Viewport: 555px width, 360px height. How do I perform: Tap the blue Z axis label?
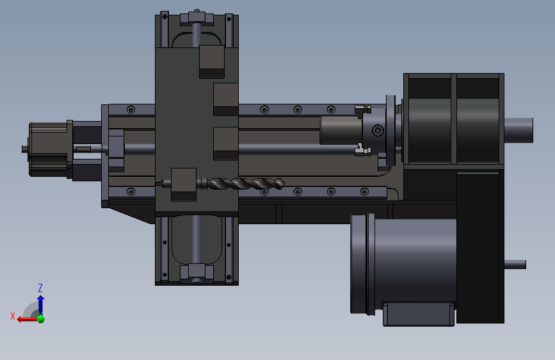pos(40,288)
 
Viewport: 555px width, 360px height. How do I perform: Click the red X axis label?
pos(13,316)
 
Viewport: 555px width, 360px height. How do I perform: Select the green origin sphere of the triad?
pos(41,319)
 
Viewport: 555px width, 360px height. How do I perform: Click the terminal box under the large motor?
pos(419,314)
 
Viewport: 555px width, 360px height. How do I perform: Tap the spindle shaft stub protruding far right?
pos(519,131)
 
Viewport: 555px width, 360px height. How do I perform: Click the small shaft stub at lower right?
pos(515,265)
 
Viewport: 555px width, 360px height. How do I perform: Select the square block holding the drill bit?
pos(183,184)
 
